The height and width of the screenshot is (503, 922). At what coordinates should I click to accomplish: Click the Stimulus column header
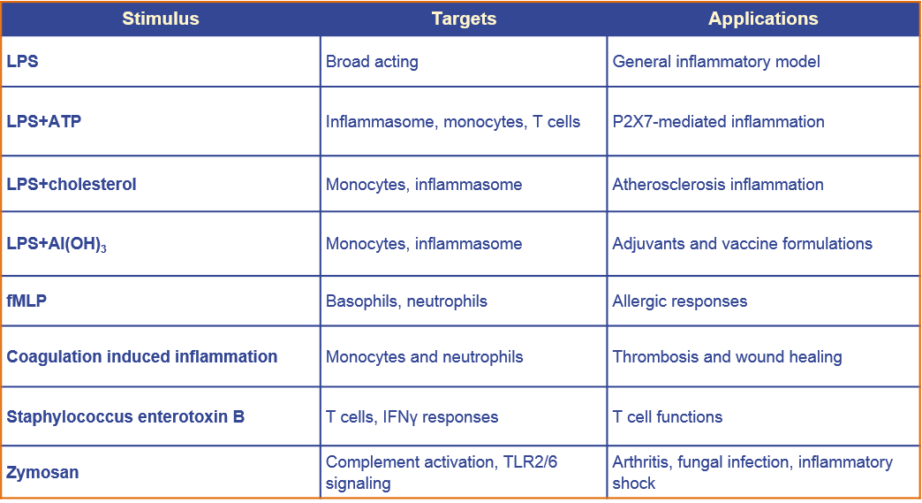tap(161, 19)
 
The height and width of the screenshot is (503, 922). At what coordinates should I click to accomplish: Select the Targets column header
tap(464, 19)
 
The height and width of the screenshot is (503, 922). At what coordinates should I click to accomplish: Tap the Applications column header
tap(763, 19)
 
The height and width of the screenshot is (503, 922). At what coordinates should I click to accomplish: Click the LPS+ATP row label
tap(44, 121)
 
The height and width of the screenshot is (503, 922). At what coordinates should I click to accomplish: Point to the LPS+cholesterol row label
tap(72, 184)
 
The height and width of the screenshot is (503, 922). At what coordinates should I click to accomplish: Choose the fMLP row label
tap(26, 301)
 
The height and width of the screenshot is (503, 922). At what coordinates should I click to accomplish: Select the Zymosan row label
tap(42, 472)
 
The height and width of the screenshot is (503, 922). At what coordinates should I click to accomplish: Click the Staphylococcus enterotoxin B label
tap(125, 416)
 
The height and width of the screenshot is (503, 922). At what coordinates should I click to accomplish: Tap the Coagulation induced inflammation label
tap(141, 356)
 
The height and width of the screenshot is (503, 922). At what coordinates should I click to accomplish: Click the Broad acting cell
tap(372, 62)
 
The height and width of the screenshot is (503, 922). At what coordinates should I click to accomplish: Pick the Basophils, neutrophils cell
tap(406, 301)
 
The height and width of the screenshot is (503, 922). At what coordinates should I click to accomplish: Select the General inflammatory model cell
tap(716, 62)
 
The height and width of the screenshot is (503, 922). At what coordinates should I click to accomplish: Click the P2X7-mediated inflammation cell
tap(719, 122)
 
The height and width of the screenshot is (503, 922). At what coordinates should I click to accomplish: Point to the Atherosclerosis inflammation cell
tap(718, 184)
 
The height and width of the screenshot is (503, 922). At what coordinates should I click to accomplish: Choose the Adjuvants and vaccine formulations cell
tap(743, 244)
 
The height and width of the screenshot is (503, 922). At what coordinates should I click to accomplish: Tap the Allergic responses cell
tap(680, 301)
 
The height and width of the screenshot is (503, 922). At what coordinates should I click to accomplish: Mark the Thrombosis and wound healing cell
tap(728, 357)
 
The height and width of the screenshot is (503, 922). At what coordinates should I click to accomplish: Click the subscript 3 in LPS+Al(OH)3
tap(103, 249)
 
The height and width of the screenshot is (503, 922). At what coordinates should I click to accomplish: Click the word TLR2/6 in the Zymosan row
tap(531, 461)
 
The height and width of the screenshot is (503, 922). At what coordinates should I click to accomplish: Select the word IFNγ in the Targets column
tap(400, 417)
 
